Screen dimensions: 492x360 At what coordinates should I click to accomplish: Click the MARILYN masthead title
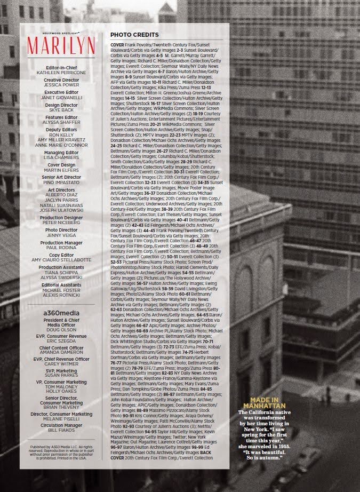point(61,43)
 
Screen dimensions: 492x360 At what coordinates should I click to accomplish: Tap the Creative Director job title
point(61,80)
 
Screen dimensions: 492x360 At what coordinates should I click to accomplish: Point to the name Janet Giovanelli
point(61,97)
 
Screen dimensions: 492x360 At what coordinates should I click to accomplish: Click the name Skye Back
point(61,110)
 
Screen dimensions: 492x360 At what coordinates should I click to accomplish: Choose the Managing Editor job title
point(61,153)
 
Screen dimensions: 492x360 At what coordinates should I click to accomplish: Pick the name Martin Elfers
point(61,170)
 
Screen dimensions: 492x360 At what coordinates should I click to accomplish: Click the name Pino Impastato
point(61,182)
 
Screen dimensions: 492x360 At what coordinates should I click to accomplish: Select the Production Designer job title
point(61,218)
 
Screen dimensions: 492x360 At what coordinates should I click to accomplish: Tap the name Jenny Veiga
point(61,235)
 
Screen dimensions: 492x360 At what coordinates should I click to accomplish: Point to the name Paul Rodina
point(61,248)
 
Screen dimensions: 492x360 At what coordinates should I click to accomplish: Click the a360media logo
point(61,311)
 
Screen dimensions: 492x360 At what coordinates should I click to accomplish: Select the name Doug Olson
point(61,329)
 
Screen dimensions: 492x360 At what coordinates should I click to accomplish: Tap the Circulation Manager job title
point(61,425)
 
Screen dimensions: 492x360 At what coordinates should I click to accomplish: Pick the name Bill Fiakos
point(61,430)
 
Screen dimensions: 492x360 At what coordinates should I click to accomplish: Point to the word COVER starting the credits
point(117,45)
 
